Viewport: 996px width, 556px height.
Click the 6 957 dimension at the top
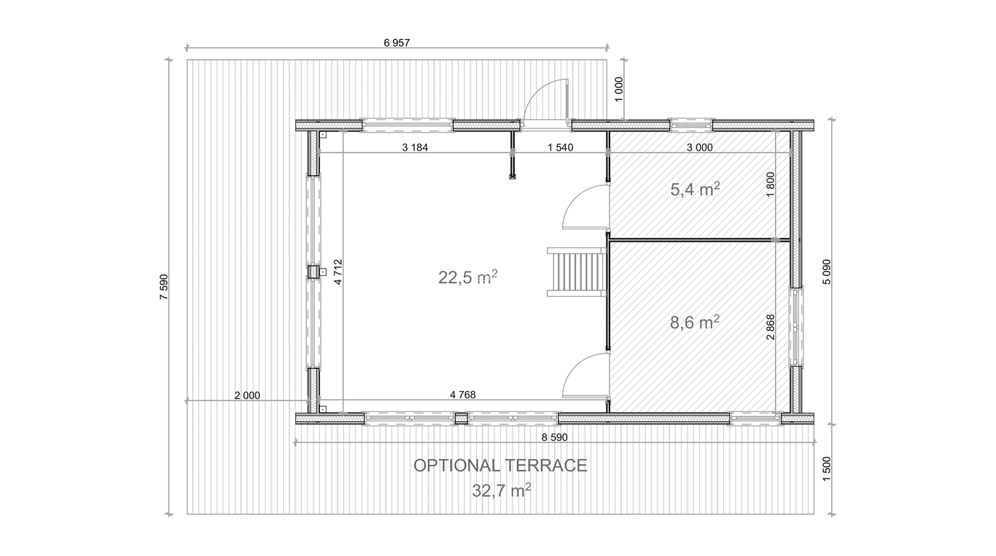[x=397, y=43]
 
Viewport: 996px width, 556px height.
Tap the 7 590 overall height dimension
[x=164, y=287]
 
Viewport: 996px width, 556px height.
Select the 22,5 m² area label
[x=468, y=277]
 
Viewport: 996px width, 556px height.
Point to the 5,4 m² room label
[x=695, y=189]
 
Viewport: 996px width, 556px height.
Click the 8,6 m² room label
[x=695, y=322]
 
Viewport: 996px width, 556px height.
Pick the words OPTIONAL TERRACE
[x=500, y=466]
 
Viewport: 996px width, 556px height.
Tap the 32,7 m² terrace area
[x=502, y=490]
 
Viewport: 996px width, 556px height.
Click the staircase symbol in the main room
[x=577, y=271]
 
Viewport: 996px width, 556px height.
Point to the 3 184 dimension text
[x=415, y=147]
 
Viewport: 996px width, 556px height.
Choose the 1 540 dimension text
[x=560, y=147]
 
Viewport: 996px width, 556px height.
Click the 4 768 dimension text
[x=463, y=395]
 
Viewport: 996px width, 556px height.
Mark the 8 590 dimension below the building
[x=554, y=437]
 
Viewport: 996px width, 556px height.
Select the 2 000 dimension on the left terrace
[x=248, y=395]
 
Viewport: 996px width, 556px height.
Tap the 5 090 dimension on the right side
[x=826, y=271]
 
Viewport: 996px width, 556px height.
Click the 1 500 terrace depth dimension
[x=826, y=468]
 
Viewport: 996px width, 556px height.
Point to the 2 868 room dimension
[x=771, y=327]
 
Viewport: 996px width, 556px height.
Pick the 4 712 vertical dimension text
[x=338, y=271]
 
